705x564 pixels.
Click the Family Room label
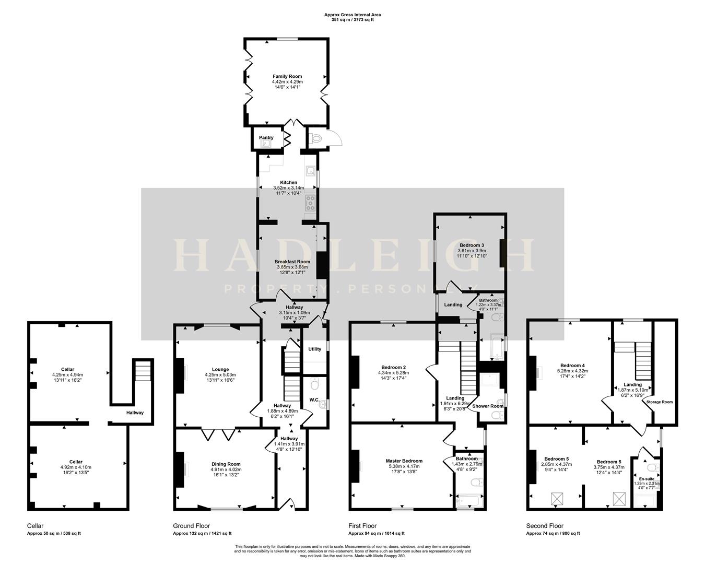(x=287, y=76)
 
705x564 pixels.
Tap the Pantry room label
(x=266, y=138)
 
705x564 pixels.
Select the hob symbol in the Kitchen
(x=310, y=202)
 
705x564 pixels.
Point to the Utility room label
(x=314, y=349)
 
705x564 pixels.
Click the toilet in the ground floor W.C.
(x=314, y=385)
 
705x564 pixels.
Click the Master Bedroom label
(x=404, y=461)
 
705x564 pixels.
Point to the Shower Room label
(x=488, y=406)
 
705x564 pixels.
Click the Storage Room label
(x=660, y=402)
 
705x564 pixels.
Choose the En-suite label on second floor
(x=646, y=478)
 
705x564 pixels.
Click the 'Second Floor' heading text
(x=545, y=526)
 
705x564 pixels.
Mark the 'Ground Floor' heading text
(x=192, y=526)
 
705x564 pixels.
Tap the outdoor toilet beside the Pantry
(x=315, y=138)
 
